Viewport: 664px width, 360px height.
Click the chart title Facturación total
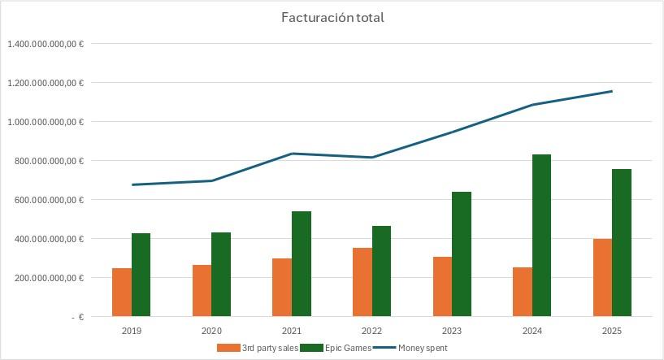tap(332, 18)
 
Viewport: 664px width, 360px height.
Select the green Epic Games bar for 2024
tap(542, 235)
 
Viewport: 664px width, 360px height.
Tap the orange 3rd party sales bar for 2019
tap(122, 292)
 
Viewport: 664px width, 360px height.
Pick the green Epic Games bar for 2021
tap(302, 263)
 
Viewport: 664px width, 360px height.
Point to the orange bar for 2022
tap(362, 282)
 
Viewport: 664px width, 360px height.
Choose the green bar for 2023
tap(462, 254)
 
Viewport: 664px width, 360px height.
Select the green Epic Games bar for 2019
tap(141, 275)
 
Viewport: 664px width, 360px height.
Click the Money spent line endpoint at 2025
tap(612, 91)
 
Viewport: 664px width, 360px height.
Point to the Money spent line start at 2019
tap(132, 184)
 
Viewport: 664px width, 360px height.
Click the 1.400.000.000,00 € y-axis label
tap(46, 44)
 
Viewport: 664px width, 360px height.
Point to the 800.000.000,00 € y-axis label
tap(48, 161)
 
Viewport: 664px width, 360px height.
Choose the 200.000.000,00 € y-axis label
tap(48, 278)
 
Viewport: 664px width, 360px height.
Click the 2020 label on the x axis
tap(211, 331)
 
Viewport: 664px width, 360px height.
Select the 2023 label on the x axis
tap(452, 331)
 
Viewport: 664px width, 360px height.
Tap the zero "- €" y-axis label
tap(76, 317)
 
